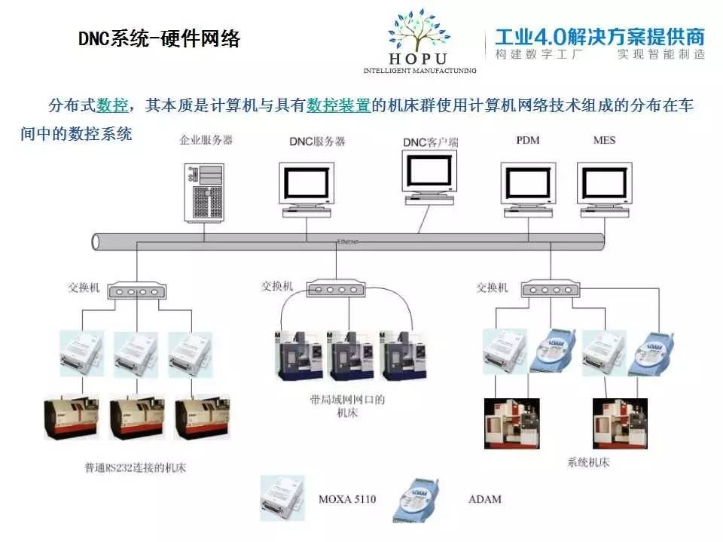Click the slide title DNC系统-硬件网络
[159, 39]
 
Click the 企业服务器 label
[206, 140]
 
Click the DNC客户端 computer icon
[429, 175]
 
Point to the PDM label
[528, 141]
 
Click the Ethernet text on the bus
[348, 242]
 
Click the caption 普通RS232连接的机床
[135, 468]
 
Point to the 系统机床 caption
[587, 462]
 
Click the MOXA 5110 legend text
[346, 499]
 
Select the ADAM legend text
[484, 499]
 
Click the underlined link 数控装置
[338, 105]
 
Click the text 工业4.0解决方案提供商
[599, 35]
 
